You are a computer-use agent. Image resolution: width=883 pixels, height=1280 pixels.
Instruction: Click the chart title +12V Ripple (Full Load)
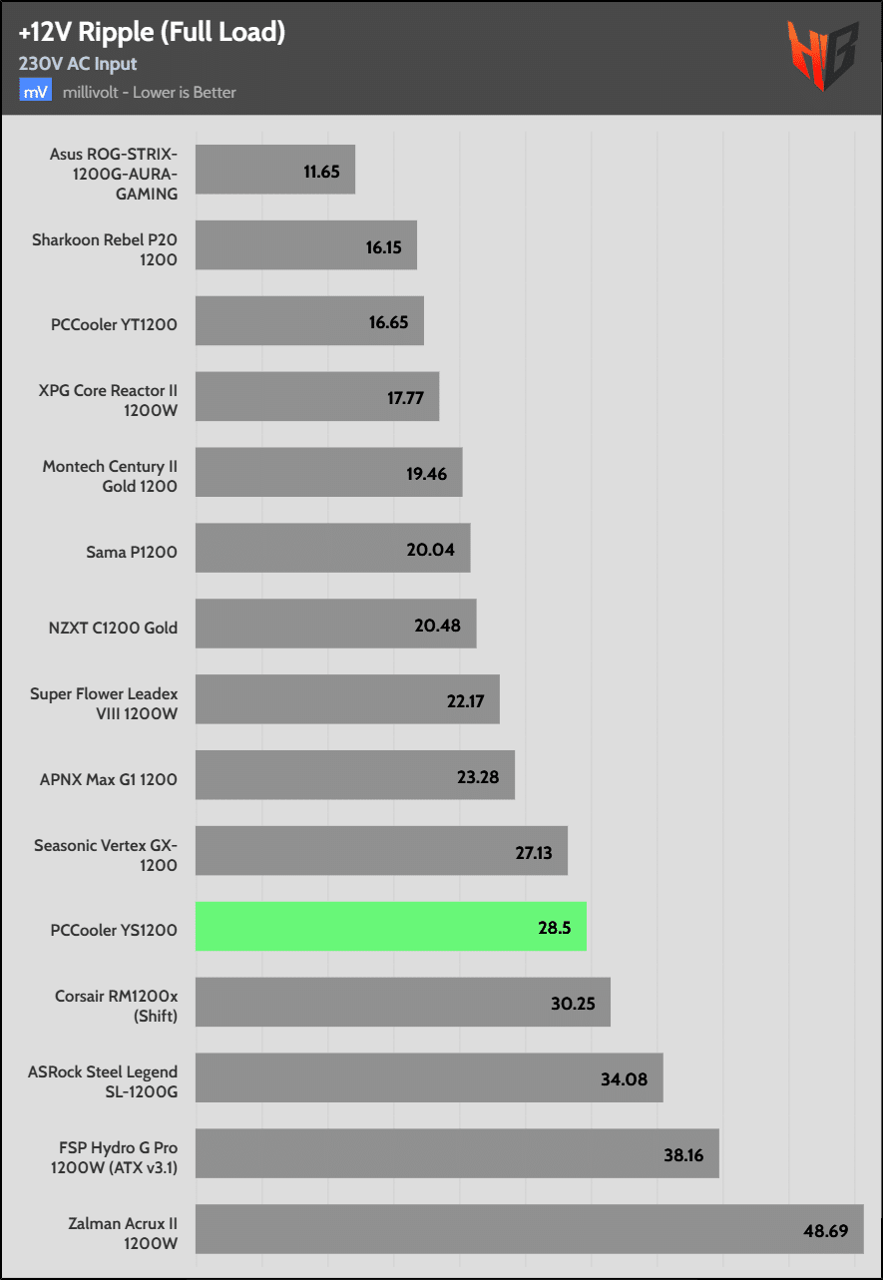[x=152, y=33]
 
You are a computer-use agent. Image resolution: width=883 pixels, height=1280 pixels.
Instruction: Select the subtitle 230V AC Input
[x=78, y=64]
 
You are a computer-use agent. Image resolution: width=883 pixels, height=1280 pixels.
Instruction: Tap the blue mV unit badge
[x=34, y=92]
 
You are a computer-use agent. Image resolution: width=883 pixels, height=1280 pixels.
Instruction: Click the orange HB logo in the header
[x=824, y=55]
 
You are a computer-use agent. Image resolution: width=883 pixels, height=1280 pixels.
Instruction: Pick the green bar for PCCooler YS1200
[x=390, y=927]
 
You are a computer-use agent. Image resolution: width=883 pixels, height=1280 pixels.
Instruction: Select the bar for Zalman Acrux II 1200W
[x=529, y=1229]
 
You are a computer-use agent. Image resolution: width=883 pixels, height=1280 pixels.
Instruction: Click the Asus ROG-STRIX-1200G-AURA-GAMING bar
[x=274, y=170]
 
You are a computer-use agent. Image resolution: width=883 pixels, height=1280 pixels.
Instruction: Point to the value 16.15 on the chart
[x=383, y=247]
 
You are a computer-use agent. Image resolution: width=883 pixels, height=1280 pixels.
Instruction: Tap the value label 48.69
[x=826, y=1231]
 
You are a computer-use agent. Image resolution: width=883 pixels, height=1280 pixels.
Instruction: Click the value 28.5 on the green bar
[x=554, y=928]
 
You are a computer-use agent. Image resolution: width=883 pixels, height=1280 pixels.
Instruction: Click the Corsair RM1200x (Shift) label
[x=116, y=1003]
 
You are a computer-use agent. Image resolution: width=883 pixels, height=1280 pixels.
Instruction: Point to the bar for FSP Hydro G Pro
[x=457, y=1153]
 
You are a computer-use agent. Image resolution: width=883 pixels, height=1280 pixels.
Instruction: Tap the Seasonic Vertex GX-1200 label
[x=106, y=855]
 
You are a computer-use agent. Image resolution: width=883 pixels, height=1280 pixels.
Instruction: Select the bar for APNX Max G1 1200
[x=354, y=775]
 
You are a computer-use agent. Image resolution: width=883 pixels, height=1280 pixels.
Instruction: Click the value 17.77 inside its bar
[x=405, y=399]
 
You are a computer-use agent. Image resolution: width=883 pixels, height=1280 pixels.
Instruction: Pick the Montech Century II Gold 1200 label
[x=110, y=476]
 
